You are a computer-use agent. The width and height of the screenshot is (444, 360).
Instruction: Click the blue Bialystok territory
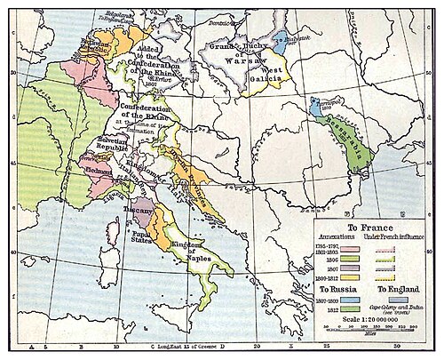coord(281,38)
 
